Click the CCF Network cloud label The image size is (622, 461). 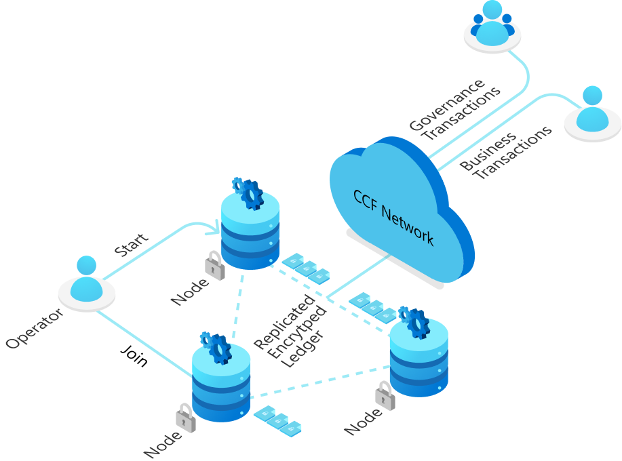(x=393, y=216)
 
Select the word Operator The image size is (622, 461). (x=35, y=328)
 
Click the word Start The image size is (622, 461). (x=131, y=245)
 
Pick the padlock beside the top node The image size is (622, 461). (x=215, y=266)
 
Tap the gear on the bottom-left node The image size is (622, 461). (x=216, y=348)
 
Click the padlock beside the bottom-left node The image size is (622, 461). (x=185, y=418)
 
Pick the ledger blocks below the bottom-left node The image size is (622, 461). (x=278, y=420)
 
